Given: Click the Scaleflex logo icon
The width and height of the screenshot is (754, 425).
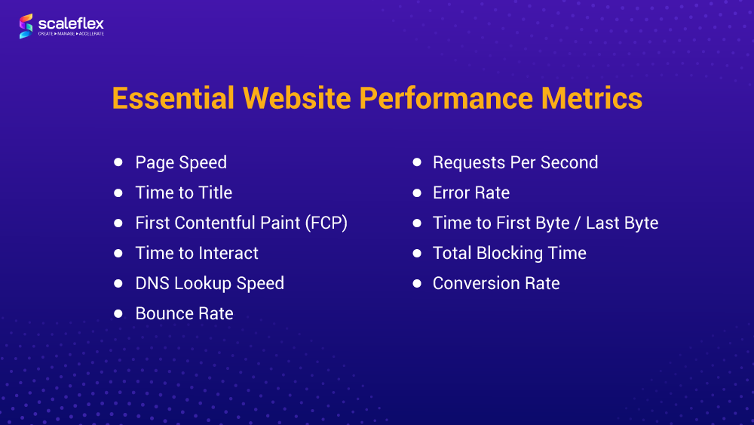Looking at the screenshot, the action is (x=26, y=26).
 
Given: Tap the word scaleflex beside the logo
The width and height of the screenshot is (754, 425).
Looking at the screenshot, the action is (x=71, y=23).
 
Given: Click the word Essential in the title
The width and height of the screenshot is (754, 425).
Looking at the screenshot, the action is (x=173, y=98).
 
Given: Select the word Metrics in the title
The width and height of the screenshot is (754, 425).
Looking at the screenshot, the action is (x=591, y=98).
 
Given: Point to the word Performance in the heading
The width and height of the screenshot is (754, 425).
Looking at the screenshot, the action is (x=446, y=98).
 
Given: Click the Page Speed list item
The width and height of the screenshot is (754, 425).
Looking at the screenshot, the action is (x=181, y=163).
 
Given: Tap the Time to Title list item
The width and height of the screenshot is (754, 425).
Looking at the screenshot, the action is (x=184, y=193).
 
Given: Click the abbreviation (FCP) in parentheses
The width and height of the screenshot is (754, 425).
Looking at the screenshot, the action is (x=326, y=223).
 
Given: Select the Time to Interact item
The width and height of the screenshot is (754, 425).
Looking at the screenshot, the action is (x=197, y=253).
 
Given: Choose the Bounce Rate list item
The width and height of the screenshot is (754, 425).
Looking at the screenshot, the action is (x=184, y=314).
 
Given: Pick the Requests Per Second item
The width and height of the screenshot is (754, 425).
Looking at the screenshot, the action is (x=515, y=163).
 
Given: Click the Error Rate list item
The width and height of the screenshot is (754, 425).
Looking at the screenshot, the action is (x=470, y=193).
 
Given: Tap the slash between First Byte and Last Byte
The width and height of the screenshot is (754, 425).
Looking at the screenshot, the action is (x=578, y=223).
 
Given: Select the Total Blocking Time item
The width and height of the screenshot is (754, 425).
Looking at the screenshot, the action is (x=509, y=253).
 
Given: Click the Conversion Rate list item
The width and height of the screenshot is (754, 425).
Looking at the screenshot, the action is (x=496, y=284).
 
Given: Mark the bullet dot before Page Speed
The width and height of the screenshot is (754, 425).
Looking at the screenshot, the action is (x=118, y=162).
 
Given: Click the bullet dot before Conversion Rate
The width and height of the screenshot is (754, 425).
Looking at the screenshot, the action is (x=417, y=284).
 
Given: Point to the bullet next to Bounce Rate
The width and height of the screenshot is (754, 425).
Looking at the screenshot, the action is (x=118, y=314).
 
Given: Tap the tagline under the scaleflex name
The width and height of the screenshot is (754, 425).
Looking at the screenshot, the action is (x=71, y=34).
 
